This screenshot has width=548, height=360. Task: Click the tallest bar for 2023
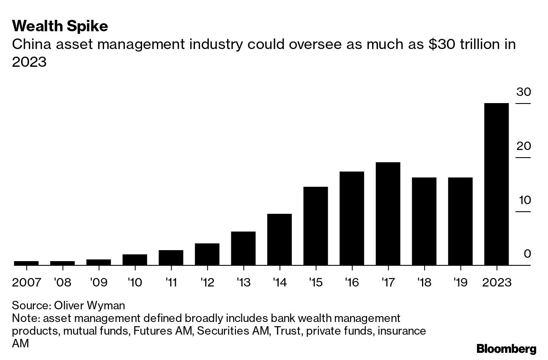pos(496,184)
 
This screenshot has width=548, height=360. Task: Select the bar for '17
pos(388,214)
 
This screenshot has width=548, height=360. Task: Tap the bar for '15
pos(315,226)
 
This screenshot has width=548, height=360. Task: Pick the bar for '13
pos(243,248)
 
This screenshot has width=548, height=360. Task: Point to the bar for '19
pos(460,221)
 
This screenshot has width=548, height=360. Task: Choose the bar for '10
pos(135,260)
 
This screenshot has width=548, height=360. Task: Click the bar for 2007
pos(26,263)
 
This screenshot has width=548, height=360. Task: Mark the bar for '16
pos(352,218)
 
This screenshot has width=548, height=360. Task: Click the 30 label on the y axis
pos(523,92)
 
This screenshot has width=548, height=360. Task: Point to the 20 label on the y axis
pos(523,146)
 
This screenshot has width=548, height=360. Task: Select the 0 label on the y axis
pos(526,254)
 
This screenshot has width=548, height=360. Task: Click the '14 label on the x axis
pos(279,282)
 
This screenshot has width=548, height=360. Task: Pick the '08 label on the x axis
pos(63,282)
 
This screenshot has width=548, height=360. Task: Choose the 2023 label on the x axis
pos(496,282)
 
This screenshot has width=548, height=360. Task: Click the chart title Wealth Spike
pos(60,27)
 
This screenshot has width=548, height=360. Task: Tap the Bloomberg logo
pos(506,349)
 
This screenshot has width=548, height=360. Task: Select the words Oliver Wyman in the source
pos(90,305)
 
